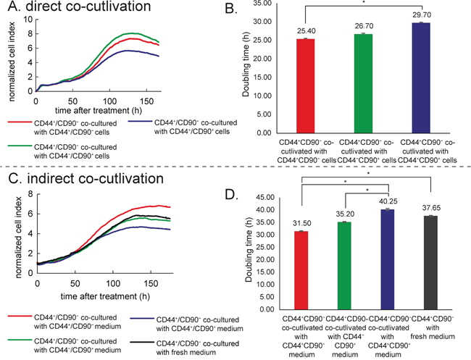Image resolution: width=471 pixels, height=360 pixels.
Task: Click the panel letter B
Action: (251, 10)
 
